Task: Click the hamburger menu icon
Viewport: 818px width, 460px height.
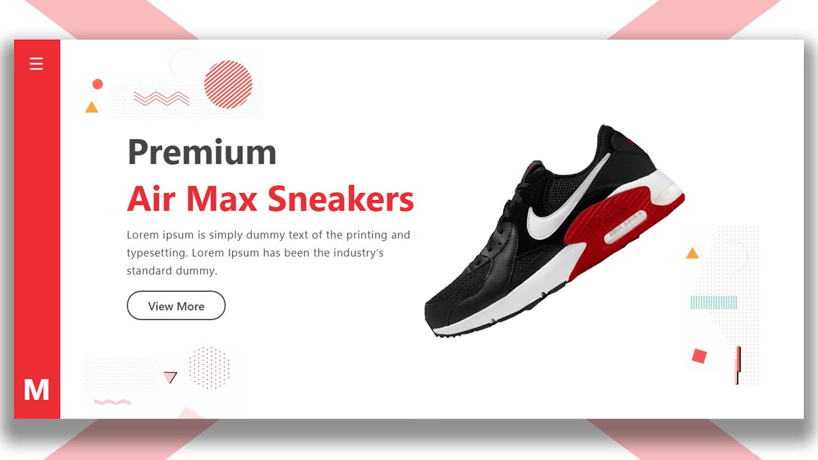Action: click(x=36, y=64)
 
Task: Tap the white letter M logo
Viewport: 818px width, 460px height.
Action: click(x=36, y=390)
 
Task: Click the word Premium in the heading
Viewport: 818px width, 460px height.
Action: click(x=202, y=152)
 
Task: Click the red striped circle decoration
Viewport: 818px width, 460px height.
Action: click(x=228, y=84)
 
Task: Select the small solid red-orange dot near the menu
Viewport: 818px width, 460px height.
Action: click(x=97, y=84)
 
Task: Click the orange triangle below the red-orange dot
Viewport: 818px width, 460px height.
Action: click(x=92, y=107)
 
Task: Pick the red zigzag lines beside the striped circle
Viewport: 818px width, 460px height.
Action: click(x=162, y=98)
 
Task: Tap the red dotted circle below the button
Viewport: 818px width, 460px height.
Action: click(x=209, y=367)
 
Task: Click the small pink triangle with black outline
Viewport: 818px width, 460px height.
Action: click(x=170, y=377)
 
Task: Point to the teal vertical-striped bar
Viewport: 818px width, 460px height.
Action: click(x=714, y=302)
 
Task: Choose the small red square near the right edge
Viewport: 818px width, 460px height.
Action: click(x=699, y=356)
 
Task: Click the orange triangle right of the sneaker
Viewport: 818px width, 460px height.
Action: click(x=692, y=254)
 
